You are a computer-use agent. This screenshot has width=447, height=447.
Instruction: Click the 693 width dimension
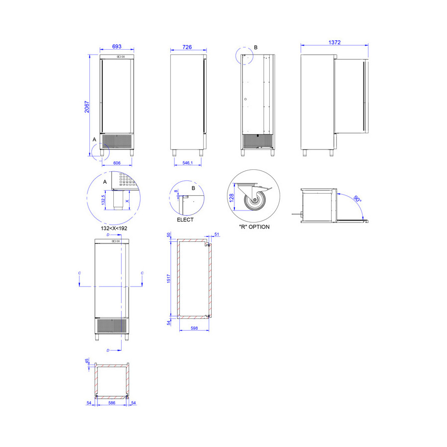(117, 46)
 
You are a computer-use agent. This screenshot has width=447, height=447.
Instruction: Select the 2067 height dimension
(87, 107)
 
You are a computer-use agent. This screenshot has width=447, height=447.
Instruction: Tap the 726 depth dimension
(187, 47)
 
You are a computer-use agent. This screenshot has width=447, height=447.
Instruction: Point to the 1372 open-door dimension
(334, 42)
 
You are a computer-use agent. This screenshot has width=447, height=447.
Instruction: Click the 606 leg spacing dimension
(117, 163)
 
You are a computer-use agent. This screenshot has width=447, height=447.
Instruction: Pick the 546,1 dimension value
(188, 163)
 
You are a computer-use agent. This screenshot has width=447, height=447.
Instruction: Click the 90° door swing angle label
(357, 199)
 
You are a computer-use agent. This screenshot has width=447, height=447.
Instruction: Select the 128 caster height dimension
(231, 198)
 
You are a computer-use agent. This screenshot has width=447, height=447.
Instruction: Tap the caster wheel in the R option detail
(255, 200)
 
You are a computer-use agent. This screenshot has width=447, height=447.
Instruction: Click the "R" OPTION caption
(254, 227)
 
